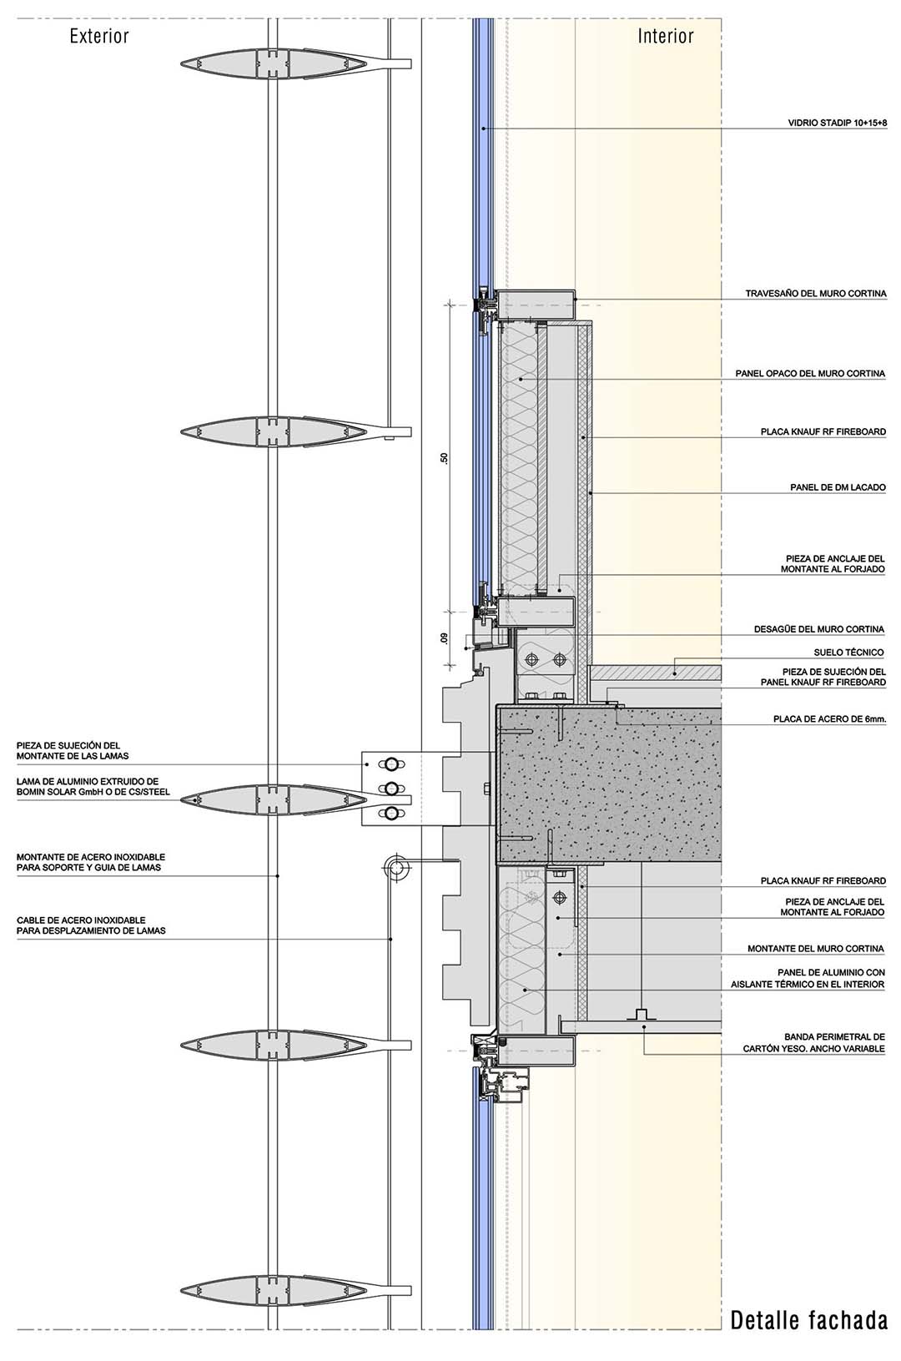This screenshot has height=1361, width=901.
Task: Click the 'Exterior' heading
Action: [x=99, y=36]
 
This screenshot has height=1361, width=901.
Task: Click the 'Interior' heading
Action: [x=666, y=36]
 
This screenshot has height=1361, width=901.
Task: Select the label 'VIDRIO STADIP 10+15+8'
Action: [x=837, y=123]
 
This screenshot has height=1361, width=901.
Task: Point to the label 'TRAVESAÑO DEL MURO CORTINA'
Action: [x=815, y=294]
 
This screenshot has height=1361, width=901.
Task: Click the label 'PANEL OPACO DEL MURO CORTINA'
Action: [x=810, y=374]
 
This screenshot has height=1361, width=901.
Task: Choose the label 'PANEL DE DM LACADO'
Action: [x=838, y=487]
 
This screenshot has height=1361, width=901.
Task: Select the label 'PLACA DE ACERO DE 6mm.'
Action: [x=829, y=718]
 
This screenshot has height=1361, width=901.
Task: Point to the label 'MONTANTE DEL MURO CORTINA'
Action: [x=815, y=949]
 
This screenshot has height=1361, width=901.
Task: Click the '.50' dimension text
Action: [x=445, y=458]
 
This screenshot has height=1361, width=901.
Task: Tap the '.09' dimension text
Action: [x=445, y=639]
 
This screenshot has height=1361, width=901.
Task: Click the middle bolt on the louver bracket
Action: [x=390, y=788]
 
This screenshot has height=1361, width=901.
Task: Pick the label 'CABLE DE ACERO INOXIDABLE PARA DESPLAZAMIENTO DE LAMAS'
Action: [x=91, y=925]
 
